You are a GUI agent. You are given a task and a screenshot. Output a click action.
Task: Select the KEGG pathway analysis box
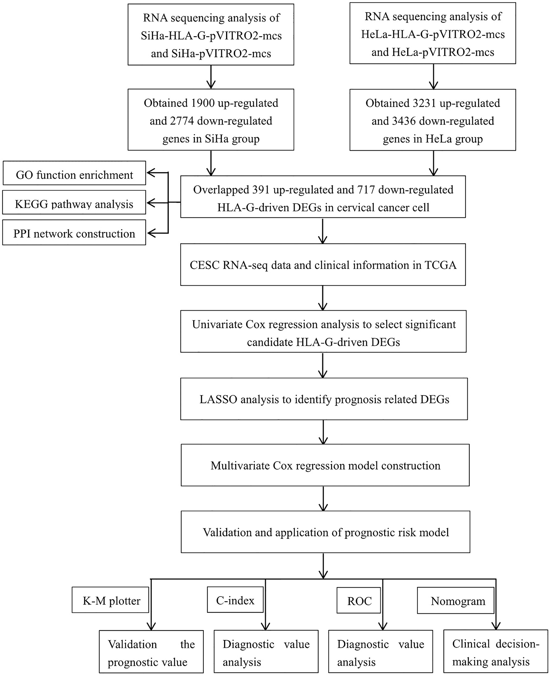click(74, 202)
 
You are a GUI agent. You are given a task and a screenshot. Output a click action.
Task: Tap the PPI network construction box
click(74, 233)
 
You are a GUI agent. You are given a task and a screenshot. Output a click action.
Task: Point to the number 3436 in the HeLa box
click(404, 121)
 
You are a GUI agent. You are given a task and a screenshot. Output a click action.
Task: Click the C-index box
click(235, 600)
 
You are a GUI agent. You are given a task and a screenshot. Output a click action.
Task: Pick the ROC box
click(359, 600)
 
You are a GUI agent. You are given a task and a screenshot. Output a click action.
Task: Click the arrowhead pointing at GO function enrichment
click(152, 173)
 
